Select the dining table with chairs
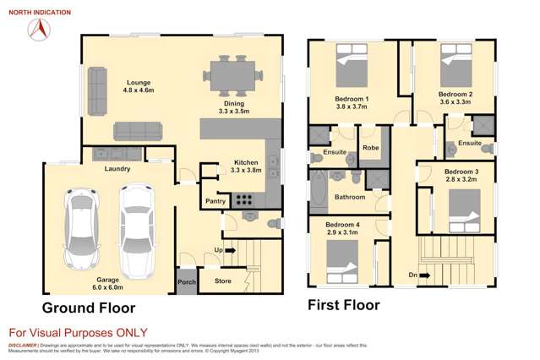[231, 74]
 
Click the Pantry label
[215, 201]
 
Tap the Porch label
[186, 282]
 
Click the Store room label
[222, 281]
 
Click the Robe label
[369, 148]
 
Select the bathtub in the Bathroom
[319, 189]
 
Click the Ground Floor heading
[89, 307]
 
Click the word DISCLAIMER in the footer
[22, 345]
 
